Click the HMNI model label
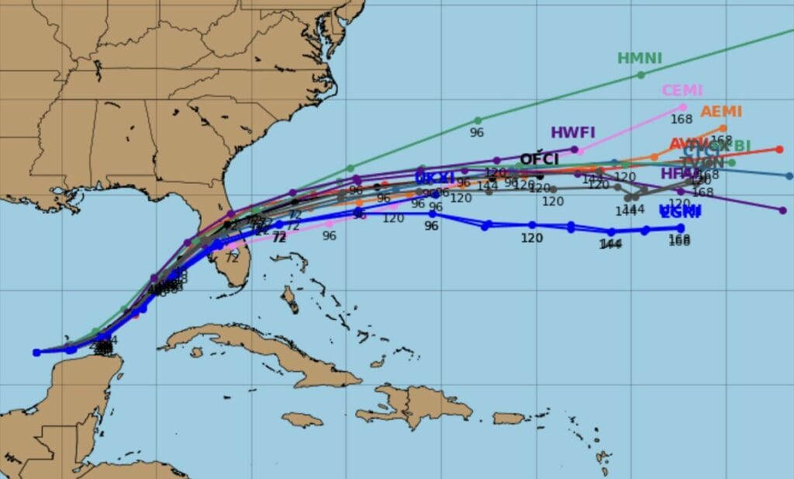coord(639,58)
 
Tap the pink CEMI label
coord(682,90)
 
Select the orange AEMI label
coord(721,112)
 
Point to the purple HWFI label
coord(572,132)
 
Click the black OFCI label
coord(539,159)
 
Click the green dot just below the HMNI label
coord(640,75)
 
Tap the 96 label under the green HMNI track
coord(477,133)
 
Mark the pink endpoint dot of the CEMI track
coord(683,107)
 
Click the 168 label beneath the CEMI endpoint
coord(682,120)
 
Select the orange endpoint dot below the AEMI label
coord(723,128)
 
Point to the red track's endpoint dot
coord(779,149)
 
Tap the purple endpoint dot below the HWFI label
coord(575,149)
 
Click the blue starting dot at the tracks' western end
coord(36,352)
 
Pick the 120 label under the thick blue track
coord(531,238)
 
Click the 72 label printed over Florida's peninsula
coord(232,258)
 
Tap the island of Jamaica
coord(302,419)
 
